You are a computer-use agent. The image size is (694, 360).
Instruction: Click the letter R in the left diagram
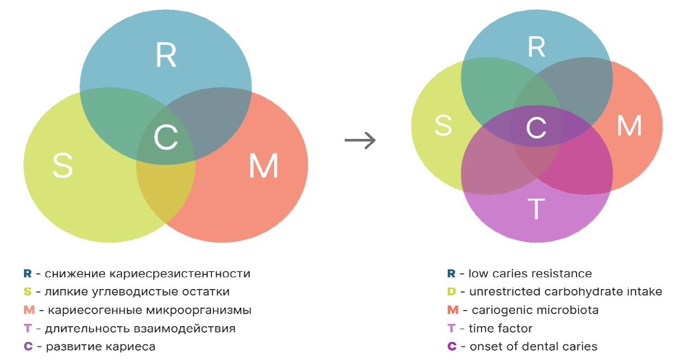(x=166, y=55)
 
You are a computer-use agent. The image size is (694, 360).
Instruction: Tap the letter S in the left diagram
(x=63, y=166)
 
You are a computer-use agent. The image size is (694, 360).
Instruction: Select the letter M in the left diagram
(x=263, y=166)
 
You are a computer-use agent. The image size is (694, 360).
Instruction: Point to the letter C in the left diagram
(x=165, y=137)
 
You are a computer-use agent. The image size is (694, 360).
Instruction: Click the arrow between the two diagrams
(x=360, y=140)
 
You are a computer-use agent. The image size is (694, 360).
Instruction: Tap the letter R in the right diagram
(x=536, y=47)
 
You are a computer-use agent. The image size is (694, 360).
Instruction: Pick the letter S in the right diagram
(x=443, y=125)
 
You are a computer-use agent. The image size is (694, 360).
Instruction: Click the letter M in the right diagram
(x=629, y=125)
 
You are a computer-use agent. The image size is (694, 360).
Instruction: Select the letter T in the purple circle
(x=536, y=209)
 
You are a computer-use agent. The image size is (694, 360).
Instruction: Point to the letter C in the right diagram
(x=536, y=128)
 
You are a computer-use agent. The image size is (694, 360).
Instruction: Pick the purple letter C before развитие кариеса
(x=28, y=347)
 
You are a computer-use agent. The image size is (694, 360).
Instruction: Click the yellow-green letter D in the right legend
(x=451, y=292)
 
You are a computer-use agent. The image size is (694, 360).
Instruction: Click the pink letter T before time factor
(x=451, y=328)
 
